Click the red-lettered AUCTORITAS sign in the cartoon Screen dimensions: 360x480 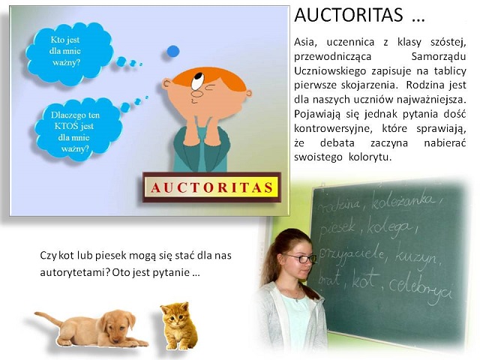(x=211, y=187)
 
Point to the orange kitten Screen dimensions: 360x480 (x=177, y=325)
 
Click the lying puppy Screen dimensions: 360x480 (x=94, y=328)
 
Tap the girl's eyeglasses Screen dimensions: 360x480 (x=299, y=257)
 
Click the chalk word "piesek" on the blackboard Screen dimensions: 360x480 (x=340, y=225)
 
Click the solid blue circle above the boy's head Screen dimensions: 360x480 (x=173, y=51)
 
